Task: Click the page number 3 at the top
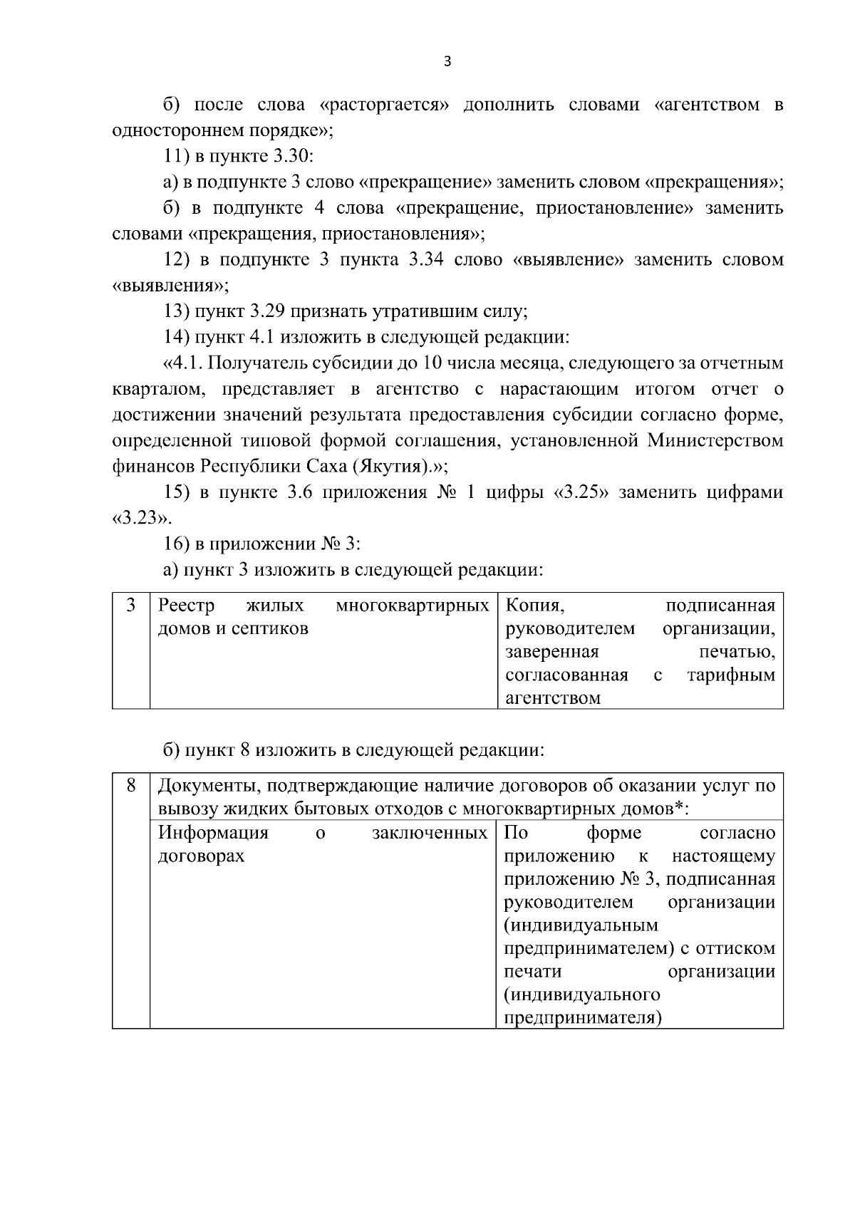tap(447, 61)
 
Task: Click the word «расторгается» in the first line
tap(385, 105)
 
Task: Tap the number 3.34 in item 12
tap(426, 260)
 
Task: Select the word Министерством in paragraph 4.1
tap(715, 440)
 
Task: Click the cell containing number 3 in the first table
tap(131, 606)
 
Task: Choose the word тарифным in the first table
tap(731, 675)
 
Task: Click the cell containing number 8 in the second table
tap(131, 786)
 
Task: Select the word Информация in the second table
tap(213, 833)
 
